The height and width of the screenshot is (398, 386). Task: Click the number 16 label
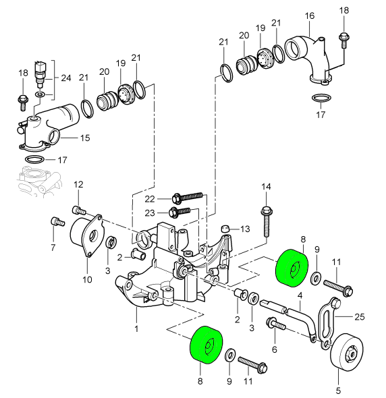309,16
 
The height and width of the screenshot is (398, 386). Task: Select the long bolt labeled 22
188,197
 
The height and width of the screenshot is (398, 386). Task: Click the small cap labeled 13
225,229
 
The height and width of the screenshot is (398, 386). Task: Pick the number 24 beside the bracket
66,78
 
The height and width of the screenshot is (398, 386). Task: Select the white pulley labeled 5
347,352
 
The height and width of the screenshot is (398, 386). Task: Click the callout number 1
136,329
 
